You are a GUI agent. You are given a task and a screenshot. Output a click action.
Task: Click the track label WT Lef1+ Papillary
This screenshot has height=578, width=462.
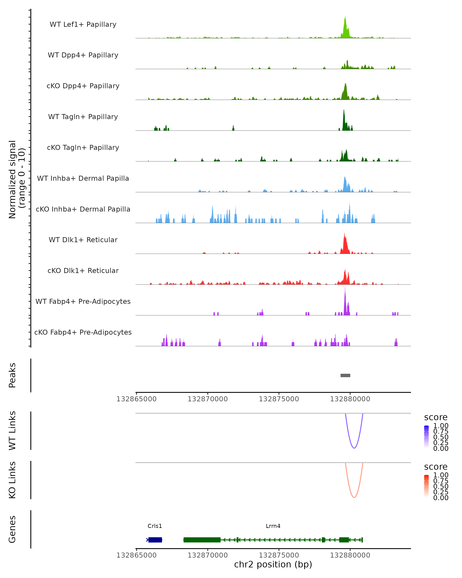(83, 24)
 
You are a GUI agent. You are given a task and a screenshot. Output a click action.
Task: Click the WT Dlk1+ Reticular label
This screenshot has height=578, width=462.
(83, 240)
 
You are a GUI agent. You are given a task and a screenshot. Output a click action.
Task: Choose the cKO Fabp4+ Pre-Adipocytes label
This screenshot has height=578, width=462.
(83, 332)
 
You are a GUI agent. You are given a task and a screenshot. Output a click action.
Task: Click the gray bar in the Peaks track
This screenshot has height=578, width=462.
(345, 375)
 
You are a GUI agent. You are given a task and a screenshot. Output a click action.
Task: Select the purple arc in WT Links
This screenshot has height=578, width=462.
(354, 448)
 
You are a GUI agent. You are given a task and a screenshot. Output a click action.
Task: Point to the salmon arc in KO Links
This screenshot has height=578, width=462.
(354, 497)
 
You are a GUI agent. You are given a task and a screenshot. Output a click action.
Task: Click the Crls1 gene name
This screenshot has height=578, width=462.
(155, 526)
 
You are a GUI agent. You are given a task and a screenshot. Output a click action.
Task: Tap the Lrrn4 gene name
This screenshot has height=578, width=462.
(273, 526)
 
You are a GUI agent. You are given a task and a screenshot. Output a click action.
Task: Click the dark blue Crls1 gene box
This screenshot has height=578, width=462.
(155, 540)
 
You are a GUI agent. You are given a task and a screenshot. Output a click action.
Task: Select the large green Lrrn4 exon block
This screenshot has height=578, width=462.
(202, 540)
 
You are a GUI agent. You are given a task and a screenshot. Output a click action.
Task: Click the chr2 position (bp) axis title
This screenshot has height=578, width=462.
(273, 564)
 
